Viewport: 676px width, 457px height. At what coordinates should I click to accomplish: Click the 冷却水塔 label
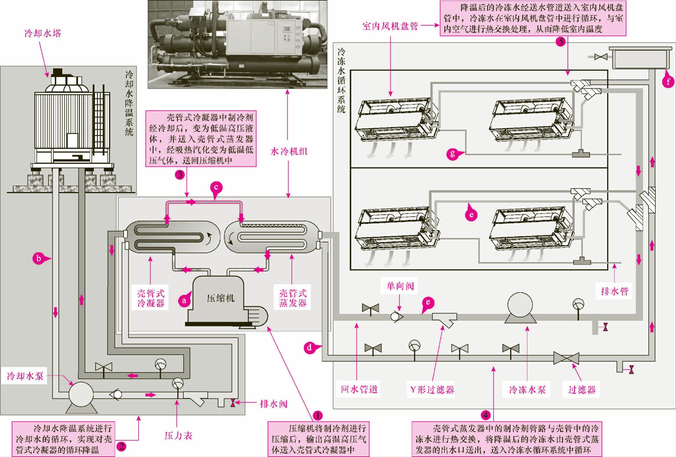point(43,34)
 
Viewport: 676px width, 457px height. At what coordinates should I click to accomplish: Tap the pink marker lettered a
point(184,300)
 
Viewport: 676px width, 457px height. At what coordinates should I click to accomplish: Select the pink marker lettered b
point(39,258)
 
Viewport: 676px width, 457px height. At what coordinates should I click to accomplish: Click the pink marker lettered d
point(309,347)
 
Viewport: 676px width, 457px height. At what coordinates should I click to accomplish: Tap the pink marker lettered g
point(452,153)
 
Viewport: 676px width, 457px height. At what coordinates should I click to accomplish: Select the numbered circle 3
point(180,175)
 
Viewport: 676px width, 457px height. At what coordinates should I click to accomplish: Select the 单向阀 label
point(400,286)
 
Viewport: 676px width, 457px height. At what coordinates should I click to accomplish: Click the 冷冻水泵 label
point(527,390)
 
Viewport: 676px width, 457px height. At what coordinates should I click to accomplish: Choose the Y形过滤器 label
point(432,390)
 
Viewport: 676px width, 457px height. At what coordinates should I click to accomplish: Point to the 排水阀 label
point(273,404)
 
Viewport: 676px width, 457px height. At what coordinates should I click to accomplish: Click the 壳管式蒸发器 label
point(293,298)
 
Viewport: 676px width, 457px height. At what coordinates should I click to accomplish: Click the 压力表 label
point(178,435)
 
